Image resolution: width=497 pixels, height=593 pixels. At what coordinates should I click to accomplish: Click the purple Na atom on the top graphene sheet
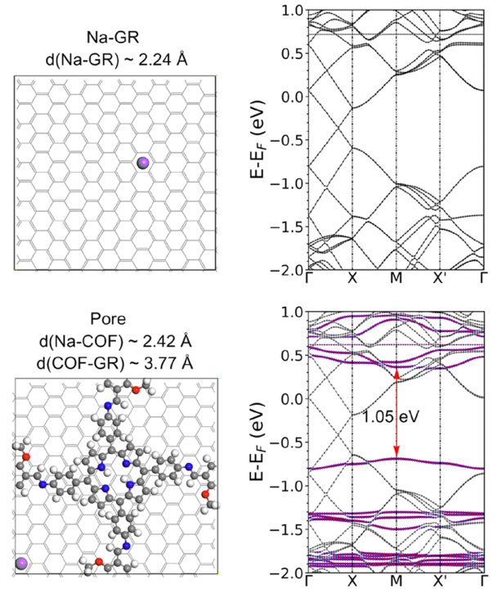(144, 164)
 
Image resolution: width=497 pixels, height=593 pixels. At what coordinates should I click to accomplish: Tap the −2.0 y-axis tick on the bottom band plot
(287, 571)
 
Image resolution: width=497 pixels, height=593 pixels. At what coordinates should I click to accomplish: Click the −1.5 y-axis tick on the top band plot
(287, 227)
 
